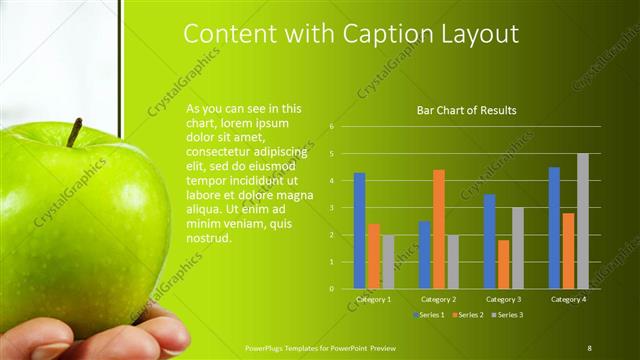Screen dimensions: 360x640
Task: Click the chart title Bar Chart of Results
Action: coord(466,111)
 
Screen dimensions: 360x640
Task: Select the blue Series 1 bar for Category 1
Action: coord(359,231)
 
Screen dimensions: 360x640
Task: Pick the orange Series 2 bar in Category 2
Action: coord(438,229)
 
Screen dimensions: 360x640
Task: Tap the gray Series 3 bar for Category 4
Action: coord(582,221)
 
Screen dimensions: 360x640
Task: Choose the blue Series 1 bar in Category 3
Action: coord(489,241)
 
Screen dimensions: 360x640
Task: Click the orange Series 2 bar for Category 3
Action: coord(503,264)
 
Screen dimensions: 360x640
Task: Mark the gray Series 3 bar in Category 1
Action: coord(388,262)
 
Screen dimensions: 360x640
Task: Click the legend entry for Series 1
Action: coord(431,315)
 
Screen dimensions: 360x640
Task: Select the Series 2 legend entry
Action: coord(468,315)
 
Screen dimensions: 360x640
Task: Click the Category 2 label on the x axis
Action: coord(438,299)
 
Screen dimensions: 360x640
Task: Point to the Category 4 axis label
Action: coord(568,299)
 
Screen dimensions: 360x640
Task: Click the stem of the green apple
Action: coord(75,132)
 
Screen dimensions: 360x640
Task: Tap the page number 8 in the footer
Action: coord(589,348)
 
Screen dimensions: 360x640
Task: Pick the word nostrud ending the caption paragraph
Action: coord(208,238)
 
